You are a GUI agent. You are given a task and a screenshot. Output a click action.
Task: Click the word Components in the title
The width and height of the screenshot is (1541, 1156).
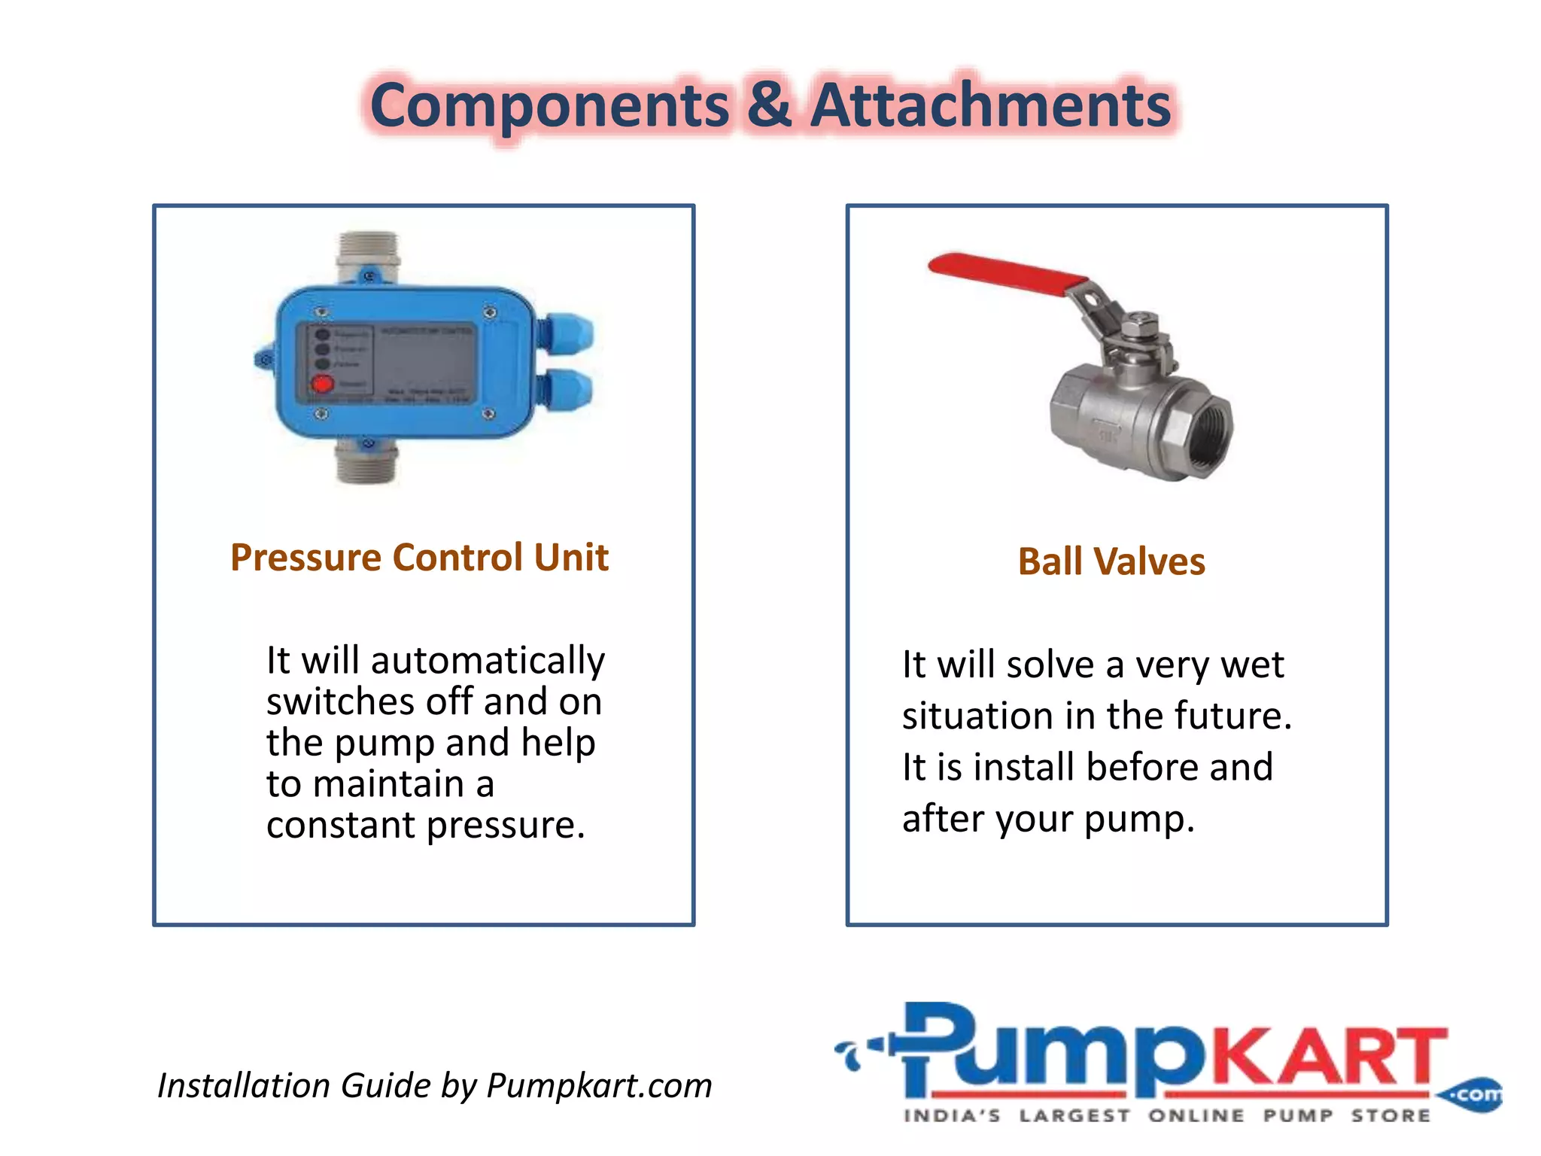[x=549, y=105]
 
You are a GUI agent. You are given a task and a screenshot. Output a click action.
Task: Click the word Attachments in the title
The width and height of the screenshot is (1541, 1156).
[x=991, y=105]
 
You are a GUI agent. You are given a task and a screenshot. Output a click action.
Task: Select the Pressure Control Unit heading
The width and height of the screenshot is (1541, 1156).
[x=419, y=558]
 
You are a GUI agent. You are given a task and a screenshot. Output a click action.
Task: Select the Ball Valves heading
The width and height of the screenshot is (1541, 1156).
[x=1111, y=561]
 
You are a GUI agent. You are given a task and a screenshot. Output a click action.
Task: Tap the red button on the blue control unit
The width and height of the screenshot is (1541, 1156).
[x=323, y=384]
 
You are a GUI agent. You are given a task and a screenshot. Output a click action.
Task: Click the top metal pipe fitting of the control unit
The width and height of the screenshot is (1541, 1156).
[x=368, y=251]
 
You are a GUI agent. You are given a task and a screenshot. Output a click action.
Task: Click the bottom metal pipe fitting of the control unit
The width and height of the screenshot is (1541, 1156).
[x=368, y=461]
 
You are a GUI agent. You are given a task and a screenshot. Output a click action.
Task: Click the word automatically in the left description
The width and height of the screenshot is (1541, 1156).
[x=488, y=662]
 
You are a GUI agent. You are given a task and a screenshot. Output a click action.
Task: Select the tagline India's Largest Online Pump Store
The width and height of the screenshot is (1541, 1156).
[x=1166, y=1115]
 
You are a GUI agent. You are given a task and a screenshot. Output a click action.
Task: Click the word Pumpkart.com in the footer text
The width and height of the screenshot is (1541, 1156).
[x=599, y=1086]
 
